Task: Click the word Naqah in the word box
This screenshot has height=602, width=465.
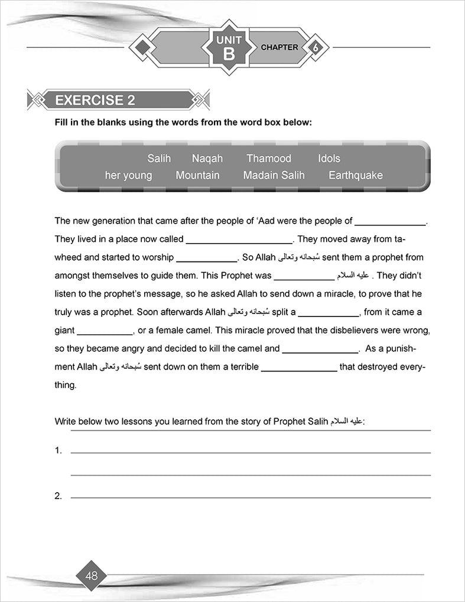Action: click(207, 158)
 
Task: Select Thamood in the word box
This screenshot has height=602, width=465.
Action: click(269, 158)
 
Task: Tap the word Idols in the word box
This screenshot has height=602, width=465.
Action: click(329, 158)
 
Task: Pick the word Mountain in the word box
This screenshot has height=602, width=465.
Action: click(197, 176)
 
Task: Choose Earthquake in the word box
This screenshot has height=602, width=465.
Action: click(356, 176)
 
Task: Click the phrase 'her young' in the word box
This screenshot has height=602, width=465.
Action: click(128, 176)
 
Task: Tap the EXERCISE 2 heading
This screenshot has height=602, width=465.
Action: click(95, 101)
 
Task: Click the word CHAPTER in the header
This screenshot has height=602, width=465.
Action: click(279, 47)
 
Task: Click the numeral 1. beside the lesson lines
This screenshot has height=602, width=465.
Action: click(58, 451)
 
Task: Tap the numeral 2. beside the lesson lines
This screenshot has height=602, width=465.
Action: click(58, 496)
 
